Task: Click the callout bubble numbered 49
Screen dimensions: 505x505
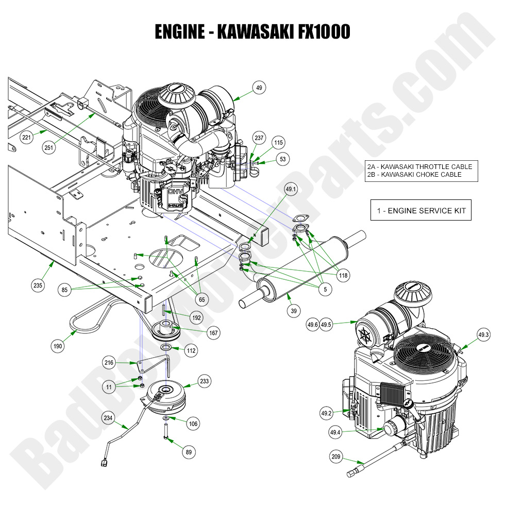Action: [x=259, y=88]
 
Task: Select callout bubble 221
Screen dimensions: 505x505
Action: [x=26, y=137]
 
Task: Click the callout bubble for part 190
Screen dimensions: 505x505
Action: [x=58, y=346]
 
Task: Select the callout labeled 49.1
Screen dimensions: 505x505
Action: [x=292, y=190]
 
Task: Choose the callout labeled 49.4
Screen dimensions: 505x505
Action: [x=335, y=432]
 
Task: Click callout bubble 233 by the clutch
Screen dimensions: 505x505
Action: [x=205, y=381]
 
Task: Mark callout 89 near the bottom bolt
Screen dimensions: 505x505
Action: [x=189, y=452]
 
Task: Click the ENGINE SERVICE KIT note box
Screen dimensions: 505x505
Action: [x=420, y=210]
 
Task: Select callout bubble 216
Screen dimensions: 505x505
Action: [x=109, y=363]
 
